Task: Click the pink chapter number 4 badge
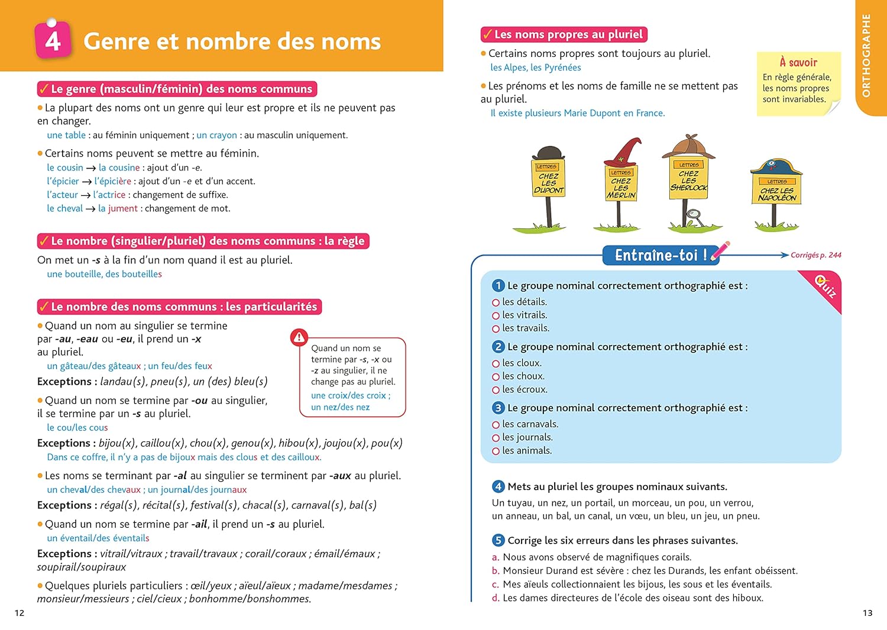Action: point(53,40)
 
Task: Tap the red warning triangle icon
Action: point(299,338)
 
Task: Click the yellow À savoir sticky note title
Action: point(798,62)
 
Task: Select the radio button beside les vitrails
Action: point(496,316)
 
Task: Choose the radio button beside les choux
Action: point(496,377)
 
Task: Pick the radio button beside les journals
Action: point(496,438)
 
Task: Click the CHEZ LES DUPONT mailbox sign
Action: point(548,177)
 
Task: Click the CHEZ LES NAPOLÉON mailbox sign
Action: point(776,190)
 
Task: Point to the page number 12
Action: point(20,613)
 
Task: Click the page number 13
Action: point(867,613)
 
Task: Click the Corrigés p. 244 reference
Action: point(815,255)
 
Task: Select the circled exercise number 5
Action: point(498,541)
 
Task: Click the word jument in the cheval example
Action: point(122,208)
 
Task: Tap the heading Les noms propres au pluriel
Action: point(568,34)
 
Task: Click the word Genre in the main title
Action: point(116,41)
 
